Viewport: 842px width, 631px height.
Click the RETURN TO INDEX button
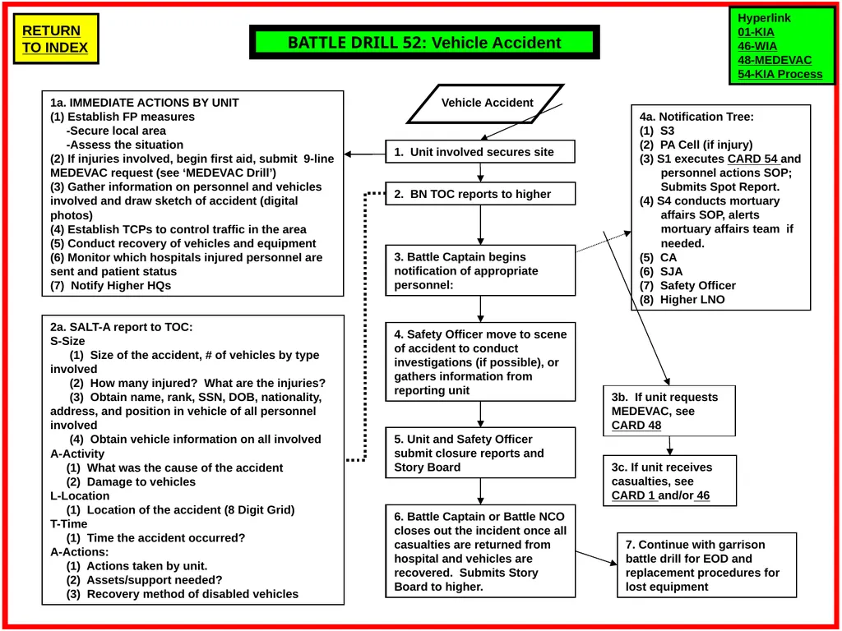click(55, 39)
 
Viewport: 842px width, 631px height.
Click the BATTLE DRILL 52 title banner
click(424, 43)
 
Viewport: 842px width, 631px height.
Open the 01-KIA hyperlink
click(756, 32)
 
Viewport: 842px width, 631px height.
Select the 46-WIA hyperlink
click(757, 46)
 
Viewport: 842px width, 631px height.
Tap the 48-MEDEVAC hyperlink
click(775, 60)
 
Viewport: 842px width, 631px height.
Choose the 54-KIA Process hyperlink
click(780, 74)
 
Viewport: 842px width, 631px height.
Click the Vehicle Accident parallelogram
click(486, 104)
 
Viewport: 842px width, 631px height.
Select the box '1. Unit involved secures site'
click(480, 152)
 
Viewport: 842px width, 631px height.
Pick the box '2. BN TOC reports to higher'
click(480, 194)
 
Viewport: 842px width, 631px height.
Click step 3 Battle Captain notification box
click(480, 270)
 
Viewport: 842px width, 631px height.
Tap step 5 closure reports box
click(480, 453)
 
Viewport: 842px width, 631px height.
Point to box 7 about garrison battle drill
click(706, 565)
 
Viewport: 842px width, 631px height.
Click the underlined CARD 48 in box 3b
click(636, 426)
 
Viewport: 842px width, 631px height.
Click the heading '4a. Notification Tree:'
click(696, 117)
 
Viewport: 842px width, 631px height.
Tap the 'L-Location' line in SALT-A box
click(80, 495)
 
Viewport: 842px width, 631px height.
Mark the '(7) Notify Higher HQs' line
click(111, 285)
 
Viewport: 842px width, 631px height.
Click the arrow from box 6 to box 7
click(596, 558)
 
